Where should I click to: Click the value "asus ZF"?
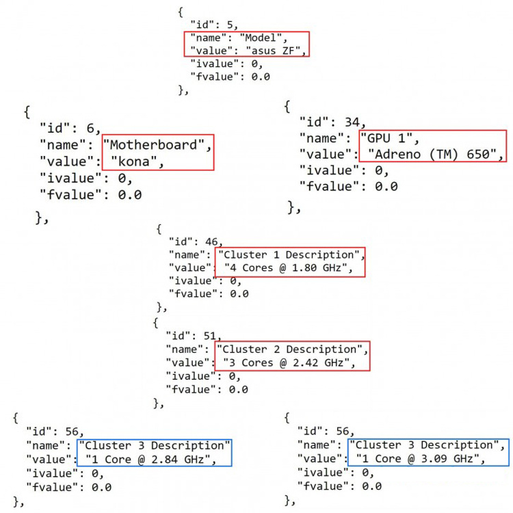[273, 51]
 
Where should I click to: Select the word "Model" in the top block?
[261, 38]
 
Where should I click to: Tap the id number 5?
[230, 25]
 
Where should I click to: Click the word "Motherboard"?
[153, 144]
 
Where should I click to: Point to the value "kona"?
[133, 161]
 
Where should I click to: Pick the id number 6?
[90, 128]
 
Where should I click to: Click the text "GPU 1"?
[386, 138]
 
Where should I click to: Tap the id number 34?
[352, 122]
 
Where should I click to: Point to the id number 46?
[211, 241]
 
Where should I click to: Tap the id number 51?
[210, 336]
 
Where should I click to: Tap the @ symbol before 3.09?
[411, 459]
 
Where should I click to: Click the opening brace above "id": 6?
[27, 112]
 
